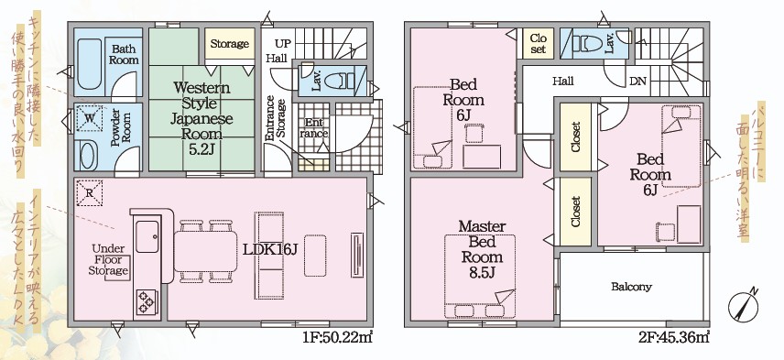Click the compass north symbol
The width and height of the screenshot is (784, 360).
tap(744, 306)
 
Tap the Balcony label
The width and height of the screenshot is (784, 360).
tap(631, 287)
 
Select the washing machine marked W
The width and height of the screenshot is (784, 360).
tap(90, 119)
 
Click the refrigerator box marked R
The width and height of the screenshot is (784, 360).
tap(90, 192)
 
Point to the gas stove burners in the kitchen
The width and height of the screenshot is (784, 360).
tap(147, 301)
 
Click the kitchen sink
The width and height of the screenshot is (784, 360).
tap(147, 236)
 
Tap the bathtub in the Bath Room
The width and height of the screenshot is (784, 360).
tap(90, 64)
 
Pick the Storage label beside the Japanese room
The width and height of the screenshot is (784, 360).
tap(230, 43)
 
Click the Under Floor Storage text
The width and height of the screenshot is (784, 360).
tap(108, 259)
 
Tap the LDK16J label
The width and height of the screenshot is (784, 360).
tap(270, 249)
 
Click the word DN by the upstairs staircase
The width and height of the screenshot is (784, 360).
tap(637, 81)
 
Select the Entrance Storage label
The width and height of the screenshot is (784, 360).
tap(276, 118)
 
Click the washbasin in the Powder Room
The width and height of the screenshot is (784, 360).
tap(87, 156)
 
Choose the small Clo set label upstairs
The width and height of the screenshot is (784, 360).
tap(539, 43)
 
